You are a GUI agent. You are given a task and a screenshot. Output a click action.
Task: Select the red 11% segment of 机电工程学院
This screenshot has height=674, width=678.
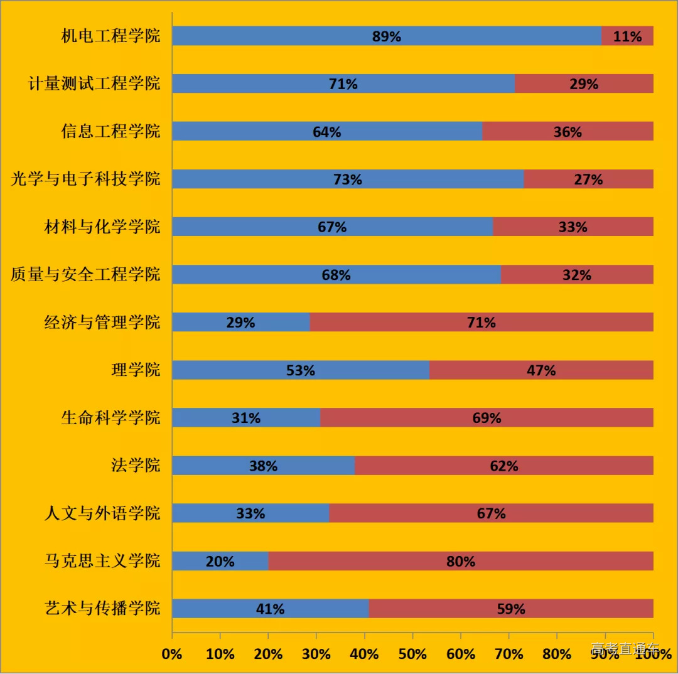click(627, 36)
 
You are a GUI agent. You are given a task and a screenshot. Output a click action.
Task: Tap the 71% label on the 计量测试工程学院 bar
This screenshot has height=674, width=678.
click(343, 84)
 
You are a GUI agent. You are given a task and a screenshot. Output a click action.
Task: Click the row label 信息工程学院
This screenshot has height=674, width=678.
click(110, 131)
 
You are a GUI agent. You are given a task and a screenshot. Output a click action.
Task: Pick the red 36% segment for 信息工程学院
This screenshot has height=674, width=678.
click(568, 132)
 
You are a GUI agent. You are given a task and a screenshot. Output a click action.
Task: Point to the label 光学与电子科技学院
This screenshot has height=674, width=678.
click(85, 179)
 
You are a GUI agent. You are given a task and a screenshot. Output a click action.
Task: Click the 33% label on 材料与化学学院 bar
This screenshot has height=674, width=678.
click(573, 227)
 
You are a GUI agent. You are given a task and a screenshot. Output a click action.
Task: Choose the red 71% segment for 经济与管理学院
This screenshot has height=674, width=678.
click(481, 323)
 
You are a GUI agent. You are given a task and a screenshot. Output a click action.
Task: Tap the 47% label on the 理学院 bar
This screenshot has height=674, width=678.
click(541, 370)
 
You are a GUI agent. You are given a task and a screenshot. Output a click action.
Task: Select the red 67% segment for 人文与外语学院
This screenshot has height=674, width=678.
click(491, 513)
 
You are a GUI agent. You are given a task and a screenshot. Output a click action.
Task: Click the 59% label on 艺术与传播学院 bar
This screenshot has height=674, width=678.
click(510, 609)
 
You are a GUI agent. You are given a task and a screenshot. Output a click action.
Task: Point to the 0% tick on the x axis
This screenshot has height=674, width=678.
click(171, 654)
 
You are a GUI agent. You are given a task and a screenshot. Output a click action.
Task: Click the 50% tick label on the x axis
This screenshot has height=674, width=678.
click(412, 654)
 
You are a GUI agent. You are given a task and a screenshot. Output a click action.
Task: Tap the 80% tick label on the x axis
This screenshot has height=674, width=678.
click(557, 654)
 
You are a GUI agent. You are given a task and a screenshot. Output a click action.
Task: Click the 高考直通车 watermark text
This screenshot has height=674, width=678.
click(625, 648)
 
